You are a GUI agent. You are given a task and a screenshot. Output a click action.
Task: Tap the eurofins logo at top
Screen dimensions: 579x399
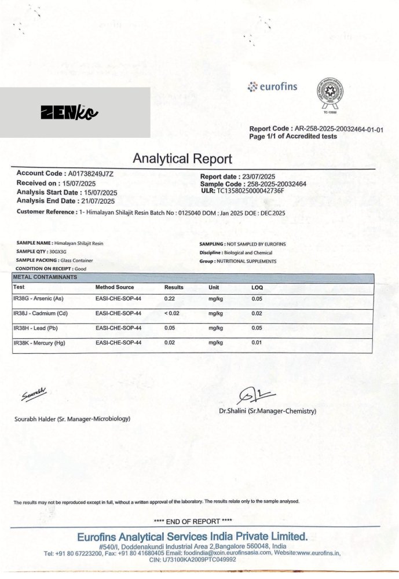click(272, 87)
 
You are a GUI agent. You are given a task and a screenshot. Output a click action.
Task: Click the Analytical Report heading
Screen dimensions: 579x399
click(182, 159)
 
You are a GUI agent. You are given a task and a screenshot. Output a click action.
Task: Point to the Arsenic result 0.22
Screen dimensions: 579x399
click(170, 299)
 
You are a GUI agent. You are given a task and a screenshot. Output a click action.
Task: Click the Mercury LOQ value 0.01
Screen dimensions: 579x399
click(257, 343)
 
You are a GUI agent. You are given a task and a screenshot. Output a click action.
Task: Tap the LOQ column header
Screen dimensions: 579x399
click(257, 287)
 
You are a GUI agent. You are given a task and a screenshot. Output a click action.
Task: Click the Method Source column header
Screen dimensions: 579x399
click(115, 287)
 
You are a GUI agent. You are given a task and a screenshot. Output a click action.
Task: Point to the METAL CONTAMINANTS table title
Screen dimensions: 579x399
click(45, 278)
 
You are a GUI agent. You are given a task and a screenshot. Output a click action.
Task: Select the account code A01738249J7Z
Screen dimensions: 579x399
click(91, 173)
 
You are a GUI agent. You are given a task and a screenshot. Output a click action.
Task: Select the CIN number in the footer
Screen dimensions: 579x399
click(193, 560)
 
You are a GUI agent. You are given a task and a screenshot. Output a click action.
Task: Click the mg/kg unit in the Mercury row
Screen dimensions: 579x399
click(215, 343)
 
